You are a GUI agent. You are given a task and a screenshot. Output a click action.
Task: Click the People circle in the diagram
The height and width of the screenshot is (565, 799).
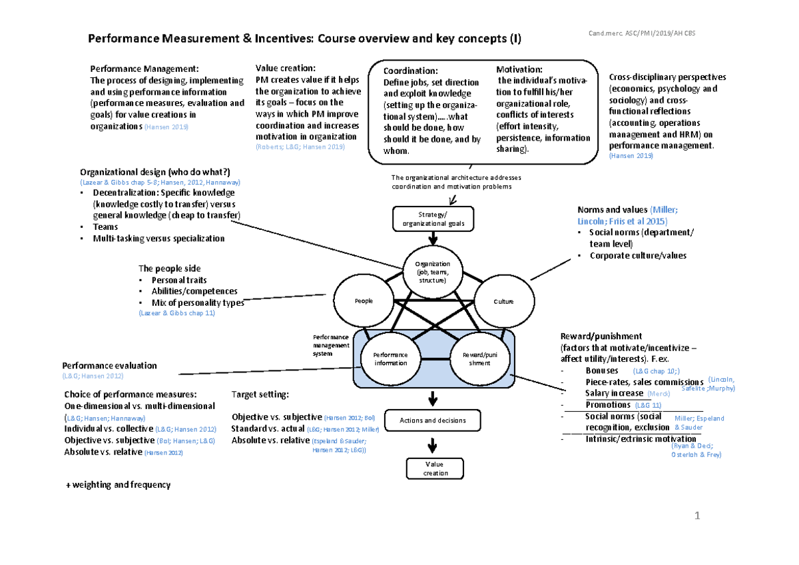(x=364, y=301)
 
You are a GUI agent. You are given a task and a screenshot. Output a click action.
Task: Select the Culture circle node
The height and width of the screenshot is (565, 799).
(x=503, y=301)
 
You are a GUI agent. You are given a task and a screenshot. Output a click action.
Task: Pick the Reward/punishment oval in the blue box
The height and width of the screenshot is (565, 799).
(x=479, y=359)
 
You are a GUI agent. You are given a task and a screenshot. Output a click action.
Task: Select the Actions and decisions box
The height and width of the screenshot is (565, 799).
(x=433, y=420)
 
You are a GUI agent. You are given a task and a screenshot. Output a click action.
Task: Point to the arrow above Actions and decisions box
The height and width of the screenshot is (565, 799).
(x=433, y=399)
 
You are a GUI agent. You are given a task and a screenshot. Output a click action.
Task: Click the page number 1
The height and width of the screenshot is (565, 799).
(x=697, y=516)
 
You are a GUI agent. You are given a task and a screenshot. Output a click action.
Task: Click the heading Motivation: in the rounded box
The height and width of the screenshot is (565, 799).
(x=519, y=69)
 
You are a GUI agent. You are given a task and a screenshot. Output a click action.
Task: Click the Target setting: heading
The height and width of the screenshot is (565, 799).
(x=260, y=394)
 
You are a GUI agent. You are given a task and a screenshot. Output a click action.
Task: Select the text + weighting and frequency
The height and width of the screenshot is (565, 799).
(x=117, y=485)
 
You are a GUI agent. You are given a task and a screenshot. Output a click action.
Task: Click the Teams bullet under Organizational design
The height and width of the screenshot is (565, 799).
(x=105, y=227)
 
